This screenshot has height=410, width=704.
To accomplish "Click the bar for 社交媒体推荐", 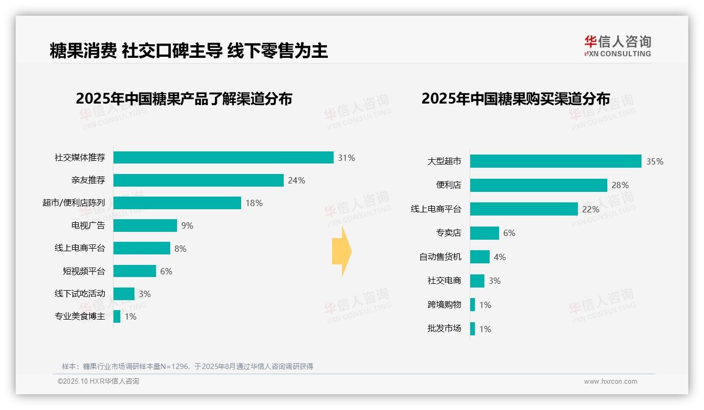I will [x=223, y=158].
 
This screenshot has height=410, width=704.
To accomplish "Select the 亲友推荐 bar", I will [x=199, y=180].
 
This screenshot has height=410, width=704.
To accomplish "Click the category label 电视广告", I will [x=88, y=225].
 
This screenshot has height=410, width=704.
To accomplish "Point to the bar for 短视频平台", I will [x=134, y=271].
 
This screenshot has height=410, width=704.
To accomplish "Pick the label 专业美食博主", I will [x=80, y=316].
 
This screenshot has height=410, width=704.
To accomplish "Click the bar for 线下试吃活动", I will [x=124, y=294].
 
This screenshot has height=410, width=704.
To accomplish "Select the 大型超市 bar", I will [x=556, y=161].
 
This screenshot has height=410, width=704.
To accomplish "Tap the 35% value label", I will [x=655, y=161].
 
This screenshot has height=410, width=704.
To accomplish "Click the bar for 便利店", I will [x=539, y=185].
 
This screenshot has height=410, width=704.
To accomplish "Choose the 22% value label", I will [x=591, y=209].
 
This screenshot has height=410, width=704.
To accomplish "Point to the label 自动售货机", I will [x=440, y=257].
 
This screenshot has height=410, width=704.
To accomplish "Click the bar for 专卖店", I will [x=484, y=233].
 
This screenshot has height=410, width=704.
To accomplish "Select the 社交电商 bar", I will [x=477, y=281].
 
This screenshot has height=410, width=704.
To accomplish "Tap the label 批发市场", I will [x=444, y=329].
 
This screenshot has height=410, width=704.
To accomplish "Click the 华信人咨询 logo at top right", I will [x=617, y=46].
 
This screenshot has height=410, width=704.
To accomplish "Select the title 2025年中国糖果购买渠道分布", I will [x=515, y=99].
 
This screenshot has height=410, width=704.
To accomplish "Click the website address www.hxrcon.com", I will [x=610, y=382].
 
